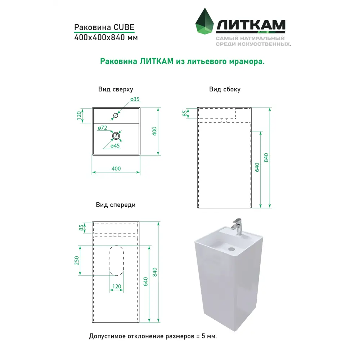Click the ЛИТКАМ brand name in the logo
coord(251,25)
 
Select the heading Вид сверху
coord(116,89)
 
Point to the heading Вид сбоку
coord(225,89)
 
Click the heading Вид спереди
coord(116,205)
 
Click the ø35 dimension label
coord(135,99)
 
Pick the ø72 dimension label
coord(102,128)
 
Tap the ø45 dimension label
coord(115,146)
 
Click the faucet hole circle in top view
coord(116,115)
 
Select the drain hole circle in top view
coord(116,136)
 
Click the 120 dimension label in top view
coord(79,115)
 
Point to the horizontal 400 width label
coord(116,168)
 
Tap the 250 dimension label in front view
coord(77,261)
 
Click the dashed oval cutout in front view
coord(109,261)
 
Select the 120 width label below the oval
coord(117,286)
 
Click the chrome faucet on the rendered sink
coord(237,226)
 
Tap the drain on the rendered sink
coord(232,248)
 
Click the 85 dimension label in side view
coord(185,113)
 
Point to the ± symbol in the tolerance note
coord(198,336)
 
